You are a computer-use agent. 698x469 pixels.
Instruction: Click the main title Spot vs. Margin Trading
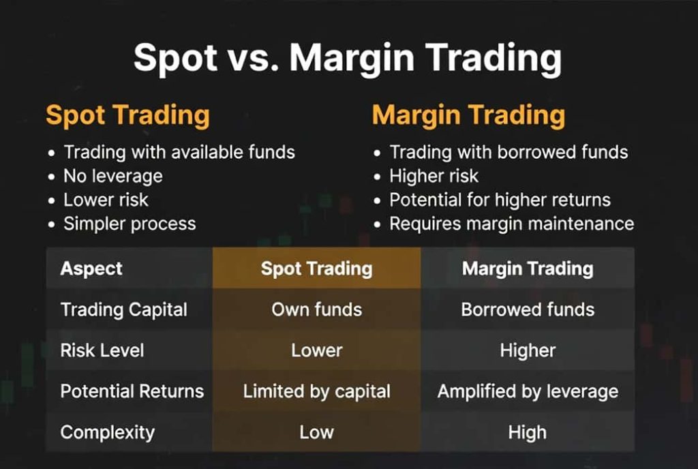click(x=348, y=59)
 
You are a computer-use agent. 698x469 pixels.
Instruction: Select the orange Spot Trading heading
click(x=127, y=116)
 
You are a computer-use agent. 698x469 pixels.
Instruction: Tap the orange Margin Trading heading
click(x=468, y=116)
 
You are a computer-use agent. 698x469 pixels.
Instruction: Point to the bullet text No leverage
click(x=113, y=176)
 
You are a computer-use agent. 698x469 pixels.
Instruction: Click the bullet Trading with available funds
click(x=179, y=152)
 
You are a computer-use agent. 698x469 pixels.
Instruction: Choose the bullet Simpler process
click(x=130, y=224)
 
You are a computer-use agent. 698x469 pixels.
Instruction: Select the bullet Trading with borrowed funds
click(x=509, y=152)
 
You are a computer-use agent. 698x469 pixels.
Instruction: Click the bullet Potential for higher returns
click(x=500, y=200)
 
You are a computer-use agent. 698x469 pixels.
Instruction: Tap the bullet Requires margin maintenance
click(x=512, y=224)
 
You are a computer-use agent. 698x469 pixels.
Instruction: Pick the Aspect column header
click(x=91, y=269)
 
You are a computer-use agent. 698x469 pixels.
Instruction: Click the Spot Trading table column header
click(x=316, y=269)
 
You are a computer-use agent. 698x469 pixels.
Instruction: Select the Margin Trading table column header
click(x=528, y=269)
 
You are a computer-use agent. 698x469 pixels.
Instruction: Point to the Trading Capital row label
click(x=124, y=309)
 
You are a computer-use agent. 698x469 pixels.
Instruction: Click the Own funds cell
click(x=316, y=309)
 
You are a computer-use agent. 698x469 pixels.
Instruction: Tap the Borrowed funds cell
click(x=528, y=309)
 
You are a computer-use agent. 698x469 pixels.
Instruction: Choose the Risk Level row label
click(x=102, y=350)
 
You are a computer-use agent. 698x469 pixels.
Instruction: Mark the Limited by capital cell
click(x=316, y=391)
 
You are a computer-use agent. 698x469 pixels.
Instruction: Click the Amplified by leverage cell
click(x=528, y=391)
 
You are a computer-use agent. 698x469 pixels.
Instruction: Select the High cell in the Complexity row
click(x=528, y=432)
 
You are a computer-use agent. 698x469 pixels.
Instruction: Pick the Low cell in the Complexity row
click(x=316, y=432)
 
